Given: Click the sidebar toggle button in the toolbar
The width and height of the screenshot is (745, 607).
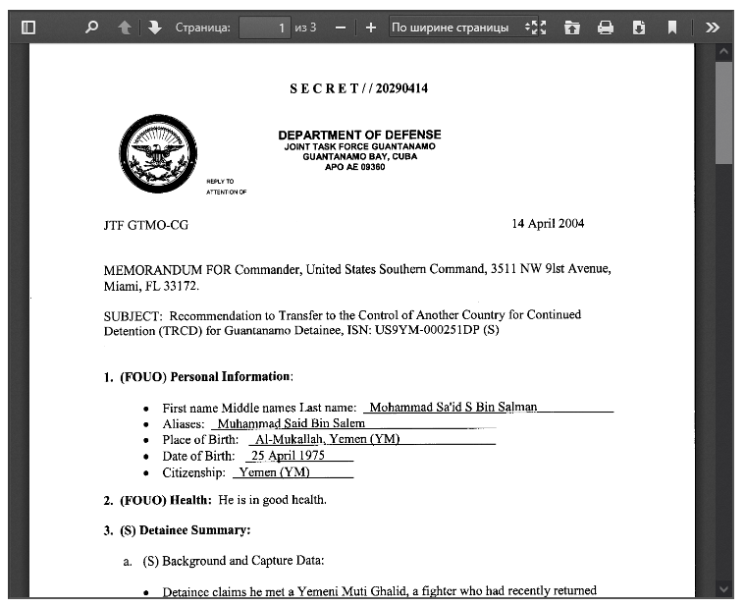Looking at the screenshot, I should pyautogui.click(x=28, y=28).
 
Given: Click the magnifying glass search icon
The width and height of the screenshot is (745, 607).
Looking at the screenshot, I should pyautogui.click(x=92, y=28).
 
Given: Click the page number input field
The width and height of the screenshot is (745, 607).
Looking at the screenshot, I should pyautogui.click(x=265, y=28).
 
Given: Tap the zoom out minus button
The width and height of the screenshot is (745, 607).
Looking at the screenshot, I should pyautogui.click(x=341, y=28).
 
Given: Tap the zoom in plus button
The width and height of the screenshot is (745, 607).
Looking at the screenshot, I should pyautogui.click(x=370, y=28).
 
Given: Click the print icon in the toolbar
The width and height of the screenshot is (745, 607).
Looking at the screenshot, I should pyautogui.click(x=606, y=28).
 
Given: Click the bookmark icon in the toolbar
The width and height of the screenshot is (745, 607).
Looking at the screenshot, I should pyautogui.click(x=672, y=28).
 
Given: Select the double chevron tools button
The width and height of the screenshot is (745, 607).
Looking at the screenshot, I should pyautogui.click(x=714, y=28).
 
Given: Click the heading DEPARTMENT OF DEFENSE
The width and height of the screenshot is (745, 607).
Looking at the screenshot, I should pyautogui.click(x=359, y=136).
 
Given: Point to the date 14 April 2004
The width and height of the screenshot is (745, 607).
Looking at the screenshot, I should pyautogui.click(x=548, y=223).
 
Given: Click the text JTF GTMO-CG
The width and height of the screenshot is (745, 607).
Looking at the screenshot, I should pyautogui.click(x=145, y=225).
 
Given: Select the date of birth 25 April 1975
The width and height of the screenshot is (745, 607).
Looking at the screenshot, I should pyautogui.click(x=289, y=456).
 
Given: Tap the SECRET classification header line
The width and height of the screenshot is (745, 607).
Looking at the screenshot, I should pyautogui.click(x=358, y=88).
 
